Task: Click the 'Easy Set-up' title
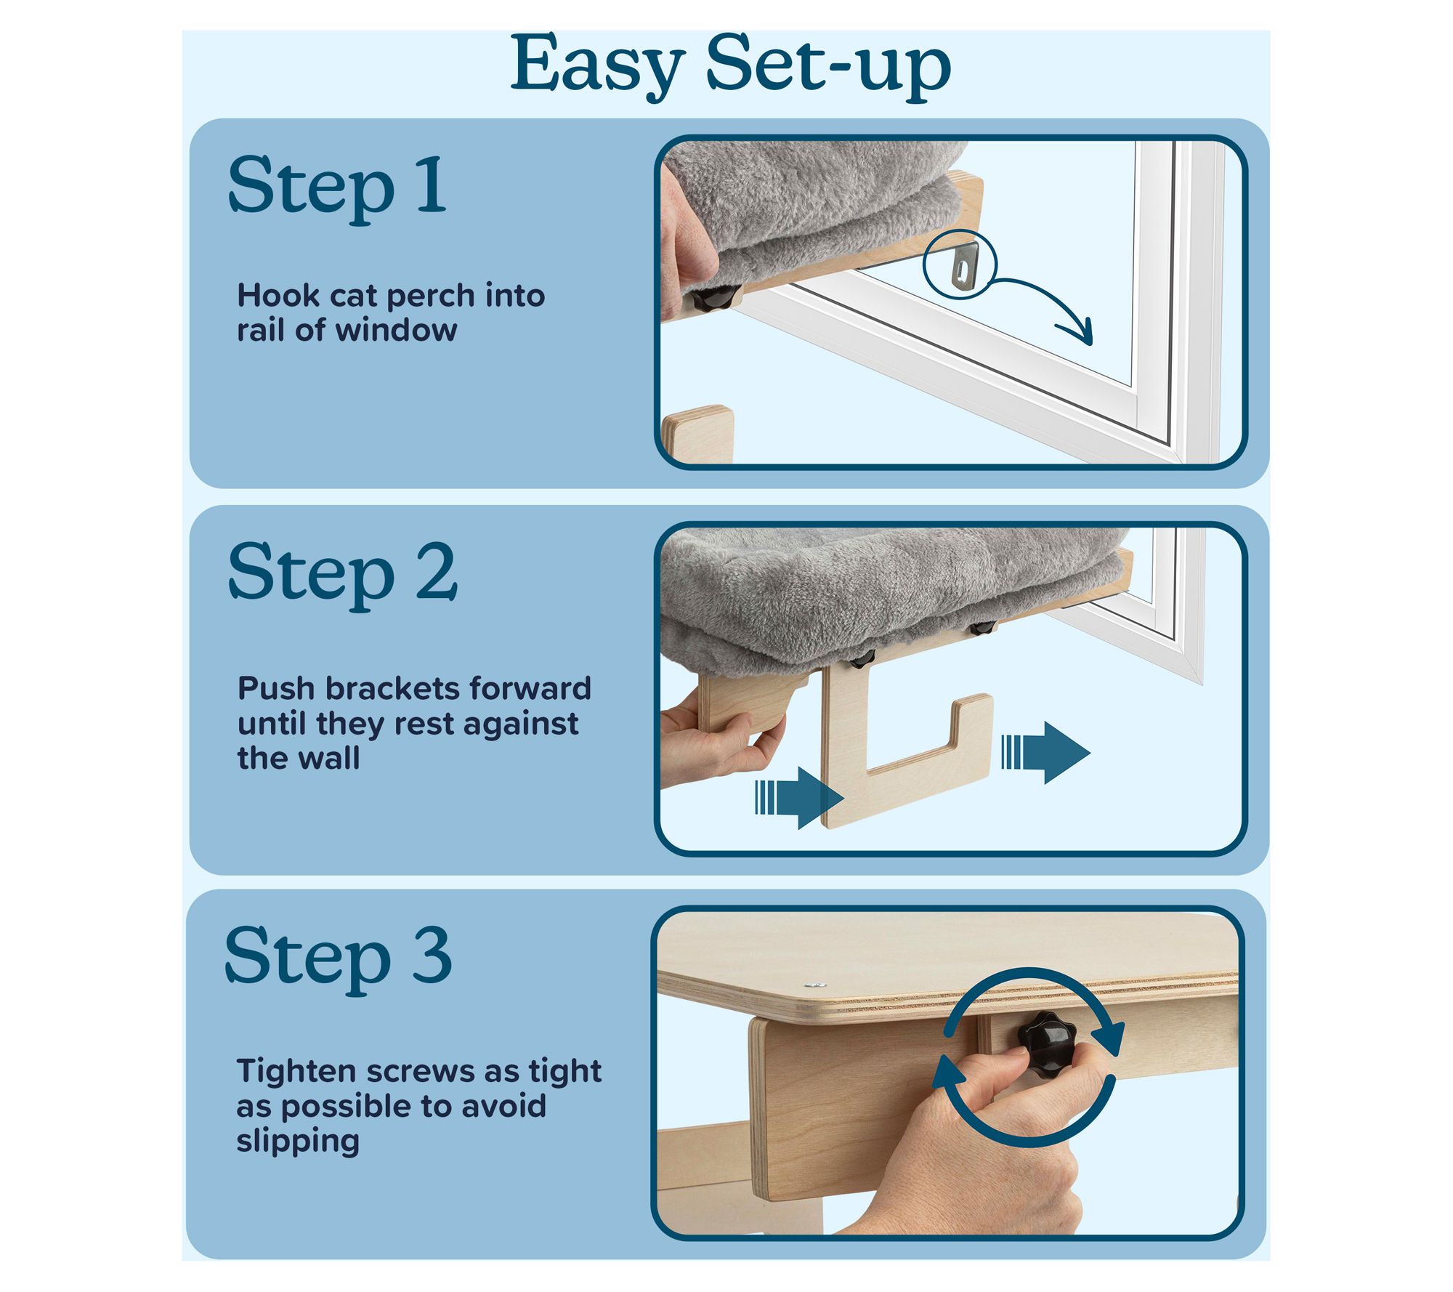(731, 67)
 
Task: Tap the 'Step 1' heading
(337, 186)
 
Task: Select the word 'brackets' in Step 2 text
(392, 688)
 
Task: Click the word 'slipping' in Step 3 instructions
(298, 1142)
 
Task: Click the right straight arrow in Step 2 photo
(1045, 753)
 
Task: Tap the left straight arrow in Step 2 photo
(799, 798)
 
